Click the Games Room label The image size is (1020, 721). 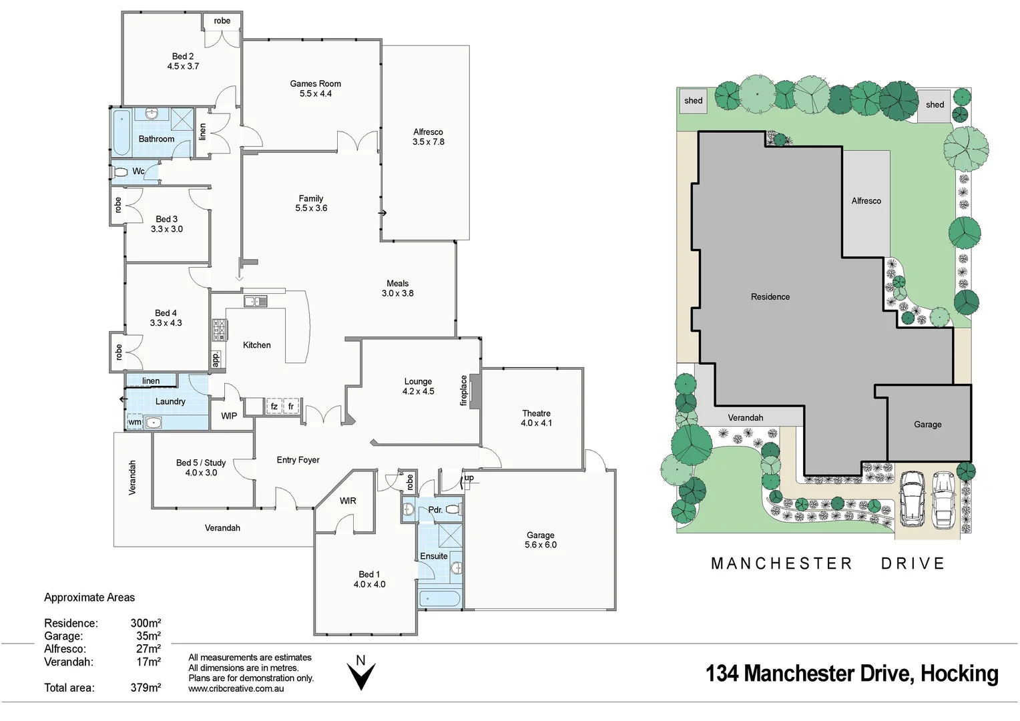(x=315, y=84)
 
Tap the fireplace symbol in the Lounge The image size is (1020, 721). (x=473, y=391)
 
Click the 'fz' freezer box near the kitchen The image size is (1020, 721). (x=274, y=406)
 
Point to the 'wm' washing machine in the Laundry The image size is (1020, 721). (x=135, y=422)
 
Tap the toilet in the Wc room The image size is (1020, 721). (x=121, y=172)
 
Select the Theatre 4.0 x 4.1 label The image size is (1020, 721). (x=536, y=418)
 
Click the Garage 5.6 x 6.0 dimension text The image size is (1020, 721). (x=540, y=545)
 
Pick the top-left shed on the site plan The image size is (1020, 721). (x=693, y=101)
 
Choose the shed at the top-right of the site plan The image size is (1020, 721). (x=934, y=105)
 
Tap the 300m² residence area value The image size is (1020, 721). (x=146, y=624)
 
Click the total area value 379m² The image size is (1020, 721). (x=146, y=688)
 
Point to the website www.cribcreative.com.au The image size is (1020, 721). (x=236, y=688)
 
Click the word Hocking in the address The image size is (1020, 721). (x=959, y=674)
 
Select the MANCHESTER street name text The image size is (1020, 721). (x=782, y=564)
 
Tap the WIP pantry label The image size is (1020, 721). (x=229, y=416)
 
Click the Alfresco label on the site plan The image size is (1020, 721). (x=866, y=201)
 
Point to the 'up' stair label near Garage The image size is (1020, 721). (x=469, y=478)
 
